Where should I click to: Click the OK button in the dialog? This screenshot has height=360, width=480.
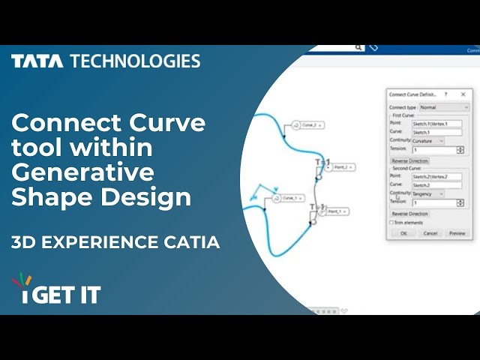(x=403, y=233)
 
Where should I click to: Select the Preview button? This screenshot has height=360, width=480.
(x=457, y=233)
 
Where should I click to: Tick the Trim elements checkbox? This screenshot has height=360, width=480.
(x=391, y=223)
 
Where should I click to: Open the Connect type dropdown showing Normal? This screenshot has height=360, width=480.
(x=443, y=107)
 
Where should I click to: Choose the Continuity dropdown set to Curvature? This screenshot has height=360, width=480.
(x=427, y=141)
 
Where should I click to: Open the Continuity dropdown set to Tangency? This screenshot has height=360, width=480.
(x=427, y=193)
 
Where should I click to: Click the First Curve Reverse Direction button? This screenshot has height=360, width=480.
(x=409, y=160)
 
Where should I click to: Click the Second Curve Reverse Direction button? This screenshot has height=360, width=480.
(x=409, y=214)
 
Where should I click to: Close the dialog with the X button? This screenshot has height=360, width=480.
(x=463, y=94)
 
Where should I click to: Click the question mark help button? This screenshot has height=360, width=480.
(x=446, y=94)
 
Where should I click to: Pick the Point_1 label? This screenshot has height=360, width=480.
(x=334, y=211)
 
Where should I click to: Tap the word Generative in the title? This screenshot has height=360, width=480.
(x=82, y=172)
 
